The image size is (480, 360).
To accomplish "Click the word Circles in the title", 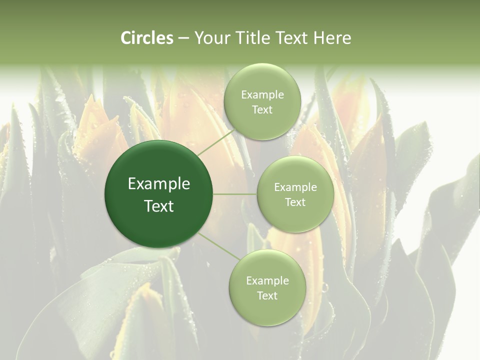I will click(147, 38).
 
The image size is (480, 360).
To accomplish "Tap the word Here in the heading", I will click(332, 38).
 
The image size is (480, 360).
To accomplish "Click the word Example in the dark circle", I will click(159, 184).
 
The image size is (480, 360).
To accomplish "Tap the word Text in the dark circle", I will click(159, 206).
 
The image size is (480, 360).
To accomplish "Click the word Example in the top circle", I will click(262, 95).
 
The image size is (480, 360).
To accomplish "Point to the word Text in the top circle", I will click(262, 110).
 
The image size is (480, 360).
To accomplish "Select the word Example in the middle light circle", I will click(295, 187).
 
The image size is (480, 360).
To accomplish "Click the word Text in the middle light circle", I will click(295, 202).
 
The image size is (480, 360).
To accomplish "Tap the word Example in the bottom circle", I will click(267, 281).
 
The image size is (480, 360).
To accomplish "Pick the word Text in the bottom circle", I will click(267, 296).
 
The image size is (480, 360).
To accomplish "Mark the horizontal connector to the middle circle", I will click(235, 194).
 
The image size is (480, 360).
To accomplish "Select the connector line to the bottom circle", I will click(219, 246).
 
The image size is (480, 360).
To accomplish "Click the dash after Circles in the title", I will click(183, 38).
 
